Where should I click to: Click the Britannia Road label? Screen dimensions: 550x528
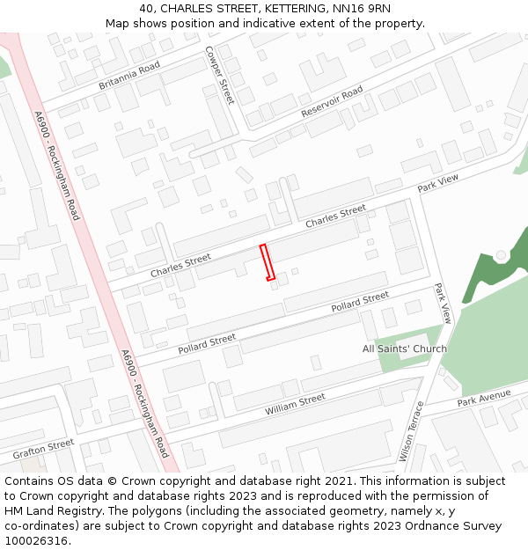(x=129, y=76)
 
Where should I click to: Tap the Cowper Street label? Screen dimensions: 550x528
(x=219, y=75)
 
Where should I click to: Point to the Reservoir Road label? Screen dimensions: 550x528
(x=332, y=103)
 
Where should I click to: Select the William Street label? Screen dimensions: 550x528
(x=296, y=405)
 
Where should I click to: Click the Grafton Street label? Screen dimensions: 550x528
(x=43, y=450)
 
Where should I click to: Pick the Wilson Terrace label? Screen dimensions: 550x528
(x=412, y=431)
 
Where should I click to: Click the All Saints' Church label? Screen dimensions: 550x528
(x=405, y=348)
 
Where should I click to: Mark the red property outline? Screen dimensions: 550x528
(x=267, y=262)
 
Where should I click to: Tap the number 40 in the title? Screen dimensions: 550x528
(x=146, y=8)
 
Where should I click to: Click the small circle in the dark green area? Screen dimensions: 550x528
(x=501, y=255)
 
